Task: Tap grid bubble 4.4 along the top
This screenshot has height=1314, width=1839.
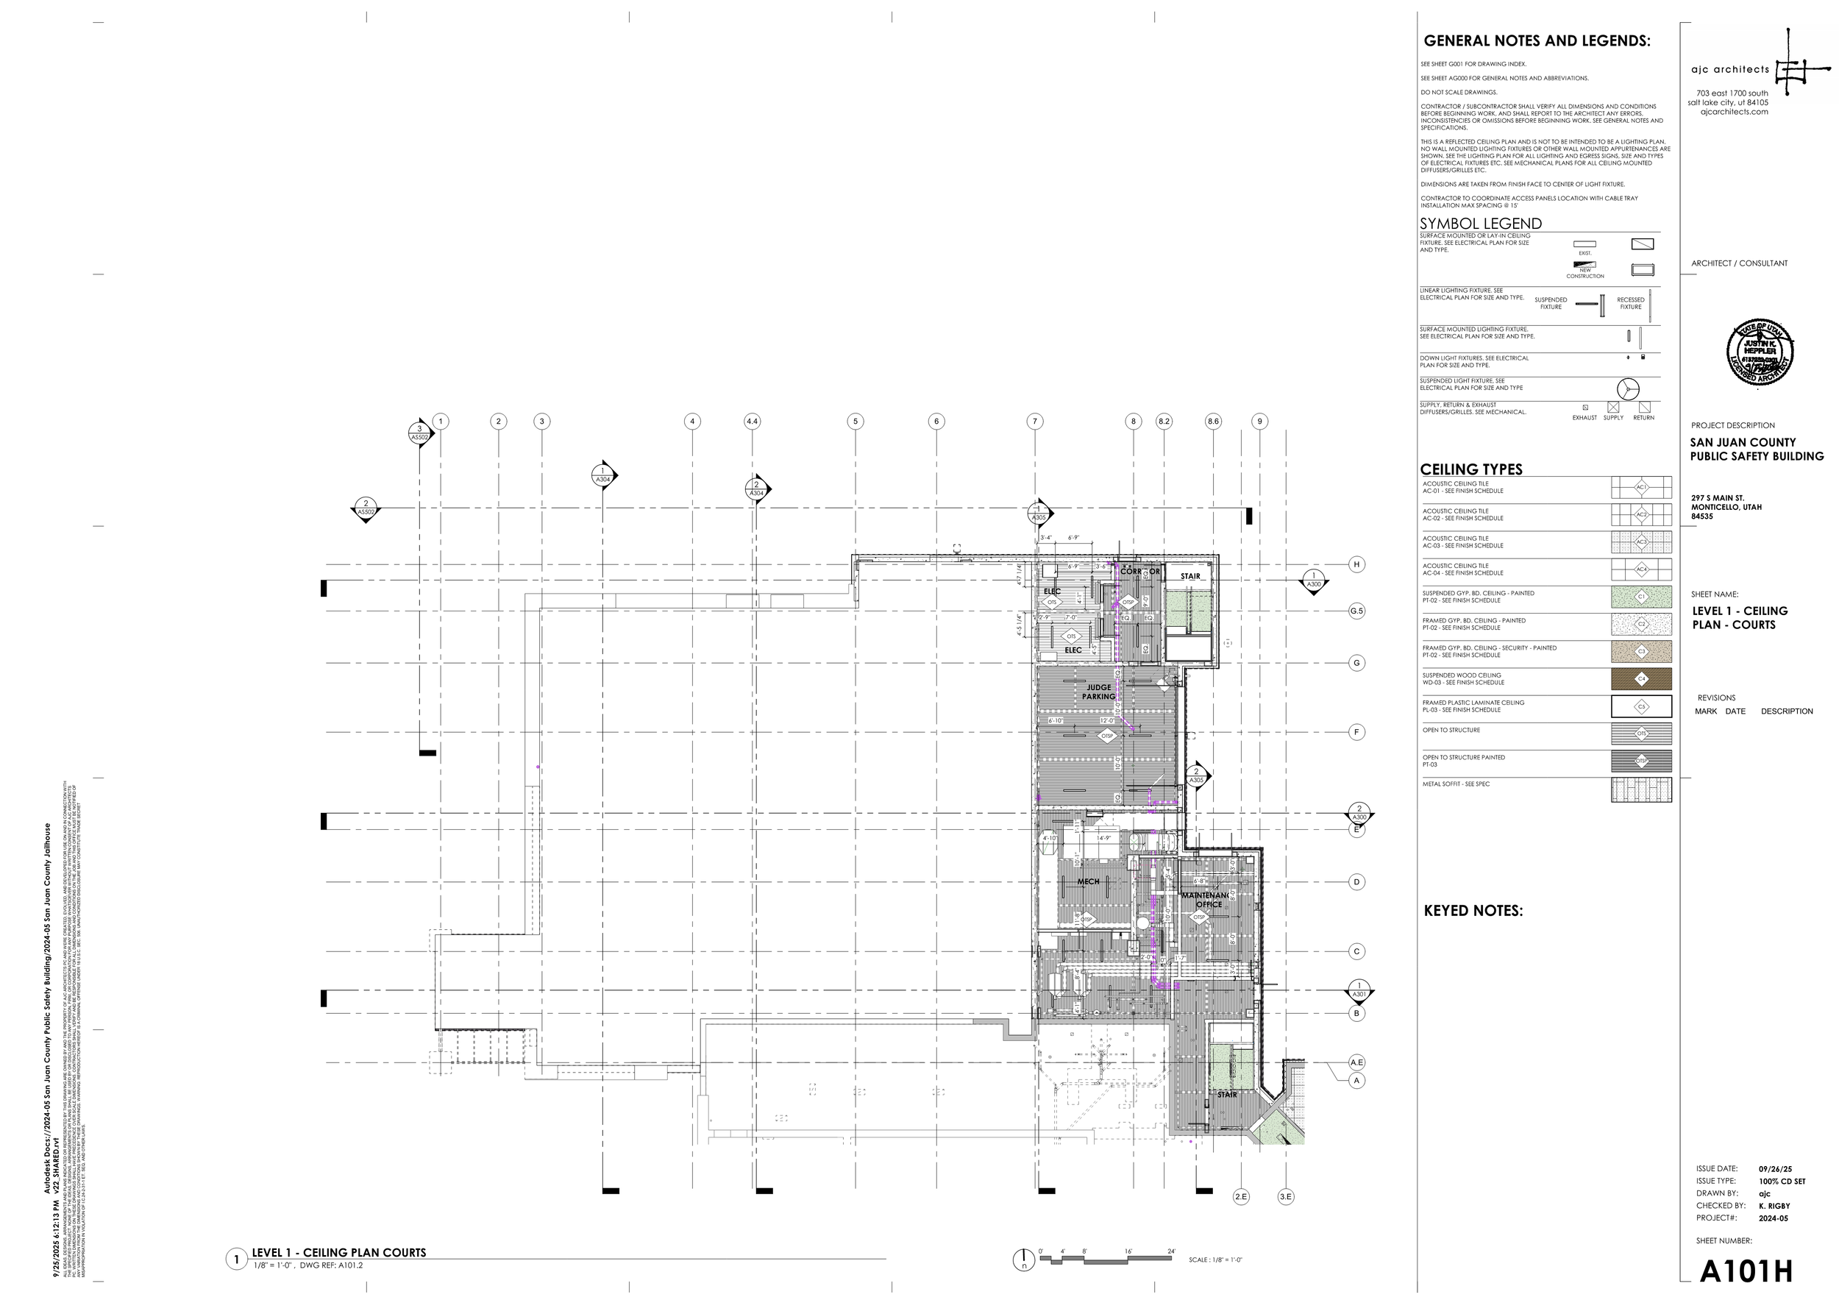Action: click(x=752, y=422)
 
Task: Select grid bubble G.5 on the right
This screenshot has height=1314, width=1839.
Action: click(x=1356, y=611)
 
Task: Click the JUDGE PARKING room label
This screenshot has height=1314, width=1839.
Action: click(x=1098, y=692)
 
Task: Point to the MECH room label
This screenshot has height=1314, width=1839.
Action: click(x=1088, y=882)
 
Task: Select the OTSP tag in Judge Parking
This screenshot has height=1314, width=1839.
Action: click(x=1108, y=736)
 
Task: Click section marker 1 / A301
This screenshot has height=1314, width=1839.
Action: click(x=1359, y=990)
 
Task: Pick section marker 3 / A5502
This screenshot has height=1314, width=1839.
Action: click(x=419, y=433)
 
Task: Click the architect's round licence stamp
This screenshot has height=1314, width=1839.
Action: click(x=1760, y=352)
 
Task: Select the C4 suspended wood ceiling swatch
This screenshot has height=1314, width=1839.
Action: click(x=1641, y=679)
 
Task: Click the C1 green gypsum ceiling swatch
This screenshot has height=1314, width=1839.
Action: click(x=1641, y=597)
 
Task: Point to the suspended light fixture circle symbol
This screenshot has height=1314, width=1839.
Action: click(x=1628, y=389)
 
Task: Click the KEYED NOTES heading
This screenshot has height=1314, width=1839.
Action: click(x=1473, y=911)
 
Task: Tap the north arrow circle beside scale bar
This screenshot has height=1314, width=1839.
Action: click(x=1023, y=1259)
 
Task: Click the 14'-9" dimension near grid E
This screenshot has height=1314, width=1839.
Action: click(x=1103, y=839)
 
